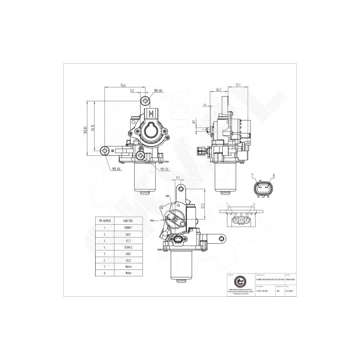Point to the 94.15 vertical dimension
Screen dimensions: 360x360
(93, 128)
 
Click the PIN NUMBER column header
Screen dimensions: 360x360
(105, 220)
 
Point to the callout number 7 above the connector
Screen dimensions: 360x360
(253, 176)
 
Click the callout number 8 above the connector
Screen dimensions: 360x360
(273, 176)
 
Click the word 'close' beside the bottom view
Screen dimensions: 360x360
(152, 220)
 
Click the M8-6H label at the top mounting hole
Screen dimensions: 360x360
(159, 91)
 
